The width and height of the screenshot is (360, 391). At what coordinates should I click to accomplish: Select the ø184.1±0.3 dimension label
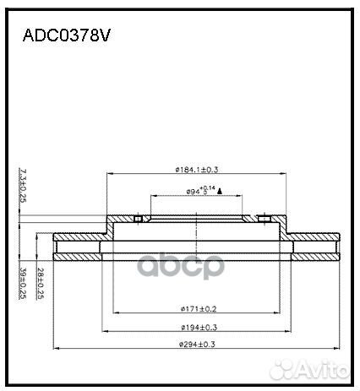point(196,170)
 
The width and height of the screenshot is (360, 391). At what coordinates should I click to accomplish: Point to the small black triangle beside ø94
point(220,192)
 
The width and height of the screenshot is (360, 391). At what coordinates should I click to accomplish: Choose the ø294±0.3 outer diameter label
point(196,345)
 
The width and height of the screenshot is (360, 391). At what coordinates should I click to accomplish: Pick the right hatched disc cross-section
point(316,245)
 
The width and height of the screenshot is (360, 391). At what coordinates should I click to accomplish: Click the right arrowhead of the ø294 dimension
point(338,348)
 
